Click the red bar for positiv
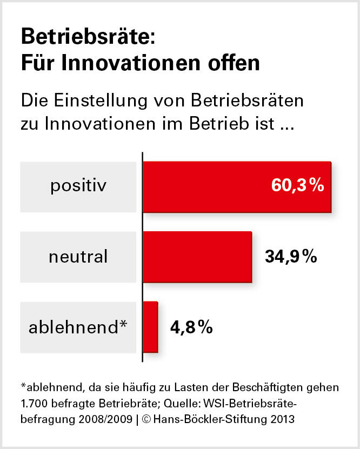click(x=236, y=186)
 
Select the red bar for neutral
click(x=197, y=257)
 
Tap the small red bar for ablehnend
click(x=150, y=326)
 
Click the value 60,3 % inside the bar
click(x=297, y=186)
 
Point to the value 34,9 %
click(x=291, y=257)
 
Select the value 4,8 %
click(x=191, y=327)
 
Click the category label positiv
click(x=78, y=186)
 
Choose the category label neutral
click(x=78, y=257)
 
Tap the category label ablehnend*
click(x=78, y=327)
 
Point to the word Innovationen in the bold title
click(x=128, y=63)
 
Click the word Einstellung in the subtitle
click(x=97, y=101)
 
